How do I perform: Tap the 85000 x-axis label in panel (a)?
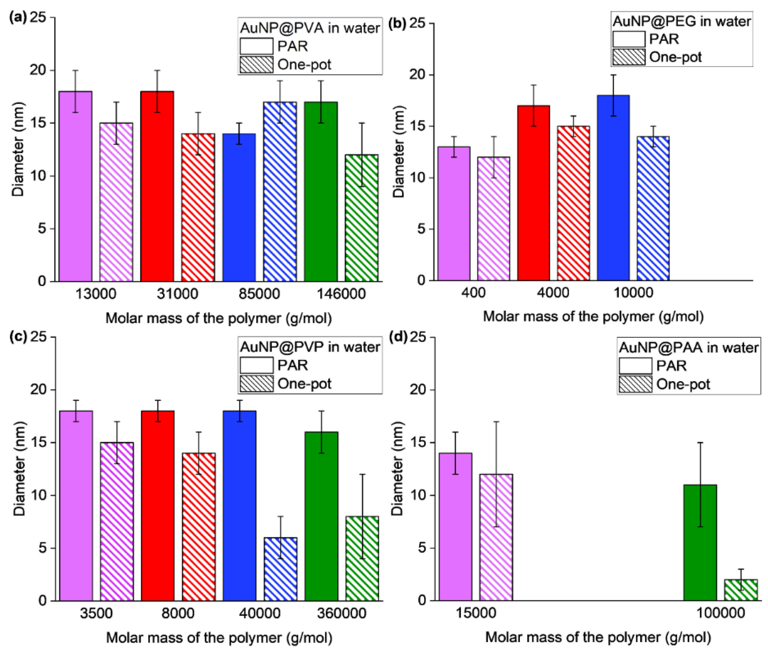click(x=259, y=294)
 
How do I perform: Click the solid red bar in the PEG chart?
click(x=533, y=193)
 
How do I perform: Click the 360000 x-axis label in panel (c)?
click(x=342, y=613)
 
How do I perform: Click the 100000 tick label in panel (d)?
click(x=720, y=613)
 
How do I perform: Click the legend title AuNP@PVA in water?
click(x=310, y=28)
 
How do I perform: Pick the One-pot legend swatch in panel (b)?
click(x=629, y=57)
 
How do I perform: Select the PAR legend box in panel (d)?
click(x=635, y=366)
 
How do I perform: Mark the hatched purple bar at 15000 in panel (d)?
click(x=496, y=537)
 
